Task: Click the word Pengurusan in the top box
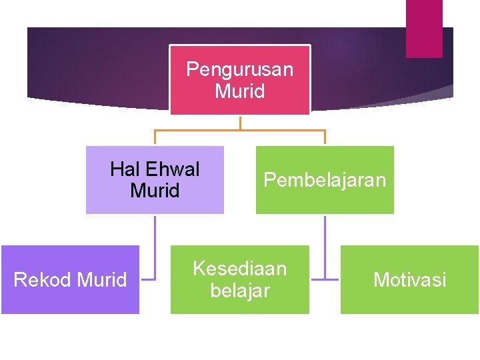(x=239, y=69)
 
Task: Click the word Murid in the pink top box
(x=239, y=91)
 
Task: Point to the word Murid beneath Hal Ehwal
(x=155, y=191)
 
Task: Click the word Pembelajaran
(x=325, y=180)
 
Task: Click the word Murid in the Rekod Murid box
(x=102, y=280)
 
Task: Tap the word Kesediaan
(x=239, y=269)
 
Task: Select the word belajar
(x=239, y=291)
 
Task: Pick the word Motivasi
(x=409, y=280)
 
